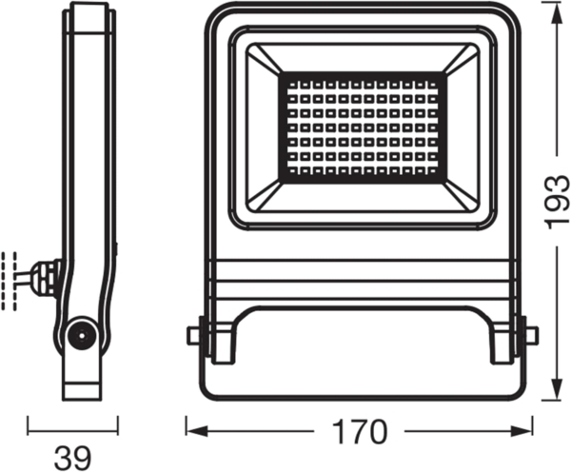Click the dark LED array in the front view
pyautogui.click(x=362, y=126)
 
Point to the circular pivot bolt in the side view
pyautogui.click(x=80, y=336)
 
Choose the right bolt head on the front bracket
pyautogui.click(x=531, y=334)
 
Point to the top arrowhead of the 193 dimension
pyautogui.click(x=556, y=8)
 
